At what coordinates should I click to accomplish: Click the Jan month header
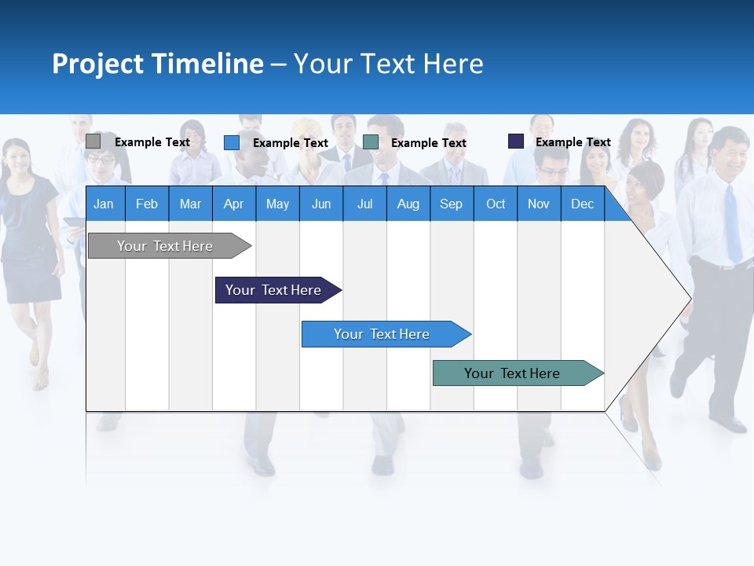tap(104, 204)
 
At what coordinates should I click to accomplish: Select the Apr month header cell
tap(233, 204)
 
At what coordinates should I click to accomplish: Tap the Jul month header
tap(364, 204)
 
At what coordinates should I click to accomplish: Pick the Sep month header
tap(451, 204)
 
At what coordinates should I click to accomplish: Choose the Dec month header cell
tap(582, 204)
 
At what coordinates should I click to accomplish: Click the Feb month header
tap(147, 204)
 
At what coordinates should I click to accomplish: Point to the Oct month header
tap(496, 204)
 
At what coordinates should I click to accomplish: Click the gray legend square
tap(93, 141)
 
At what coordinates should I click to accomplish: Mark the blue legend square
tap(231, 142)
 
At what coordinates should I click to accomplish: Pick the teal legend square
tap(371, 142)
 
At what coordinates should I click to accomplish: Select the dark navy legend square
tap(515, 141)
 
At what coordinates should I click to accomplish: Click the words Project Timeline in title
tap(157, 63)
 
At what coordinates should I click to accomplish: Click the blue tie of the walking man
tap(732, 224)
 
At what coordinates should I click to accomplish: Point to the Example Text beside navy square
tap(573, 141)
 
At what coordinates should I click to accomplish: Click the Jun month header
tap(321, 204)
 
